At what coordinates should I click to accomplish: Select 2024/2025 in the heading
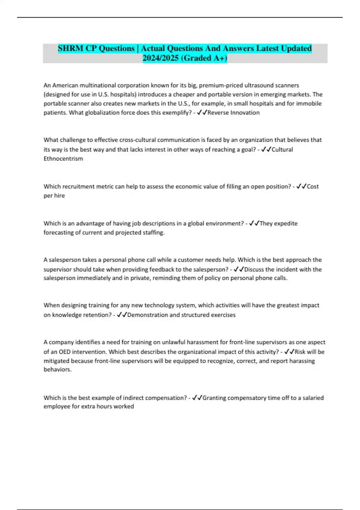(161, 58)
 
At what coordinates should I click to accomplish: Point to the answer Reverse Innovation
(233, 113)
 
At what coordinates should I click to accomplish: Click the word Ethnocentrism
(63, 159)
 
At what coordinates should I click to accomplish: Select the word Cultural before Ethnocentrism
(282, 149)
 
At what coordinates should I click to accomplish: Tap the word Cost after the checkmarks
(313, 186)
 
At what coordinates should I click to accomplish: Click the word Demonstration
(148, 315)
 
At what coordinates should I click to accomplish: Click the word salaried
(312, 398)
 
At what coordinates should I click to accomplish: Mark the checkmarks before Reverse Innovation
(202, 113)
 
